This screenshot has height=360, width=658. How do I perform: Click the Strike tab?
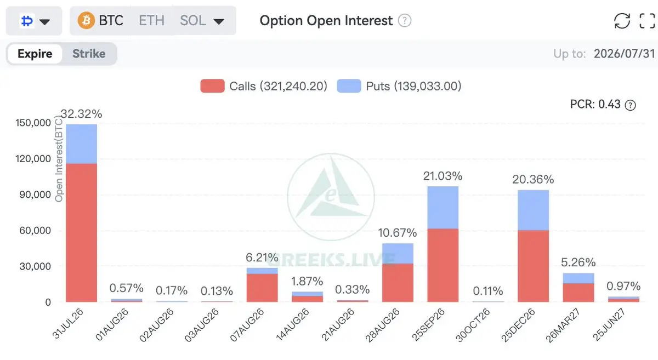click(89, 54)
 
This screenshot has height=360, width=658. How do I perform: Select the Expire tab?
click(35, 54)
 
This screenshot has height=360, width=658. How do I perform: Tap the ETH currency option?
click(151, 21)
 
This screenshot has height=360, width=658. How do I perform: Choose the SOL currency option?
click(192, 21)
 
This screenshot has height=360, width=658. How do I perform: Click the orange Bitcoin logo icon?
click(86, 21)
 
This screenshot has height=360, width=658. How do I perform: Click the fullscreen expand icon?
click(647, 21)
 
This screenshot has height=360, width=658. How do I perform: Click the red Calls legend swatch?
click(212, 86)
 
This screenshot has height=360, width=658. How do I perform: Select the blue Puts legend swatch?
click(349, 86)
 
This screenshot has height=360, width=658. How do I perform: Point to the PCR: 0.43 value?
click(595, 104)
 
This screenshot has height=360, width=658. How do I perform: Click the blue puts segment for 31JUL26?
click(81, 144)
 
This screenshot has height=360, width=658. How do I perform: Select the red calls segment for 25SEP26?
click(443, 265)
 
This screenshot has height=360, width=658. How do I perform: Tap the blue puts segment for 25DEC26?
click(533, 210)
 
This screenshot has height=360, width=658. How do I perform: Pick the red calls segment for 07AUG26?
click(262, 288)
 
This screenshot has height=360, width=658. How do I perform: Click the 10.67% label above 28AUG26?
click(398, 233)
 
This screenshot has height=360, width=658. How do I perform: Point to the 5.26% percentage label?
click(578, 262)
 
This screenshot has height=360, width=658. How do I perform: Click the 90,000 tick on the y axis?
click(35, 195)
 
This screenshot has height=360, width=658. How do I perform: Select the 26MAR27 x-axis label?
click(563, 325)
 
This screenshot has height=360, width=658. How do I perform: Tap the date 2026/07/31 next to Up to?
click(624, 54)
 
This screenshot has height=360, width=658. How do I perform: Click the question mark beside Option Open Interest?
click(405, 21)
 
